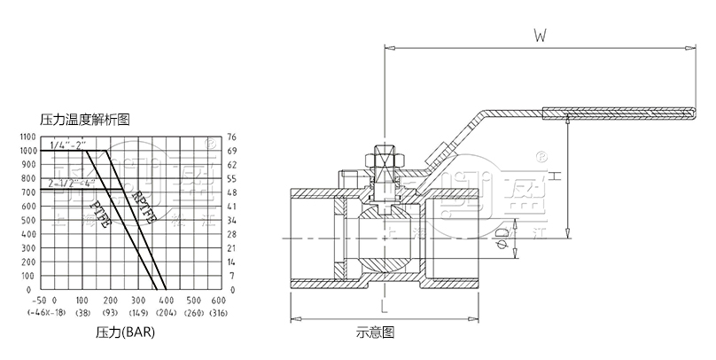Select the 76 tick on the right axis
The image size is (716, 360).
point(233,137)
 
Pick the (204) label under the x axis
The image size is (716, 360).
point(166,313)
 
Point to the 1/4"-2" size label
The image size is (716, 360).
point(68,144)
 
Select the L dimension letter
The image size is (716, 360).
point(383,307)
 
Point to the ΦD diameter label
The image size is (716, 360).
point(502,238)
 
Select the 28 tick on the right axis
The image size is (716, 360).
point(233,234)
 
